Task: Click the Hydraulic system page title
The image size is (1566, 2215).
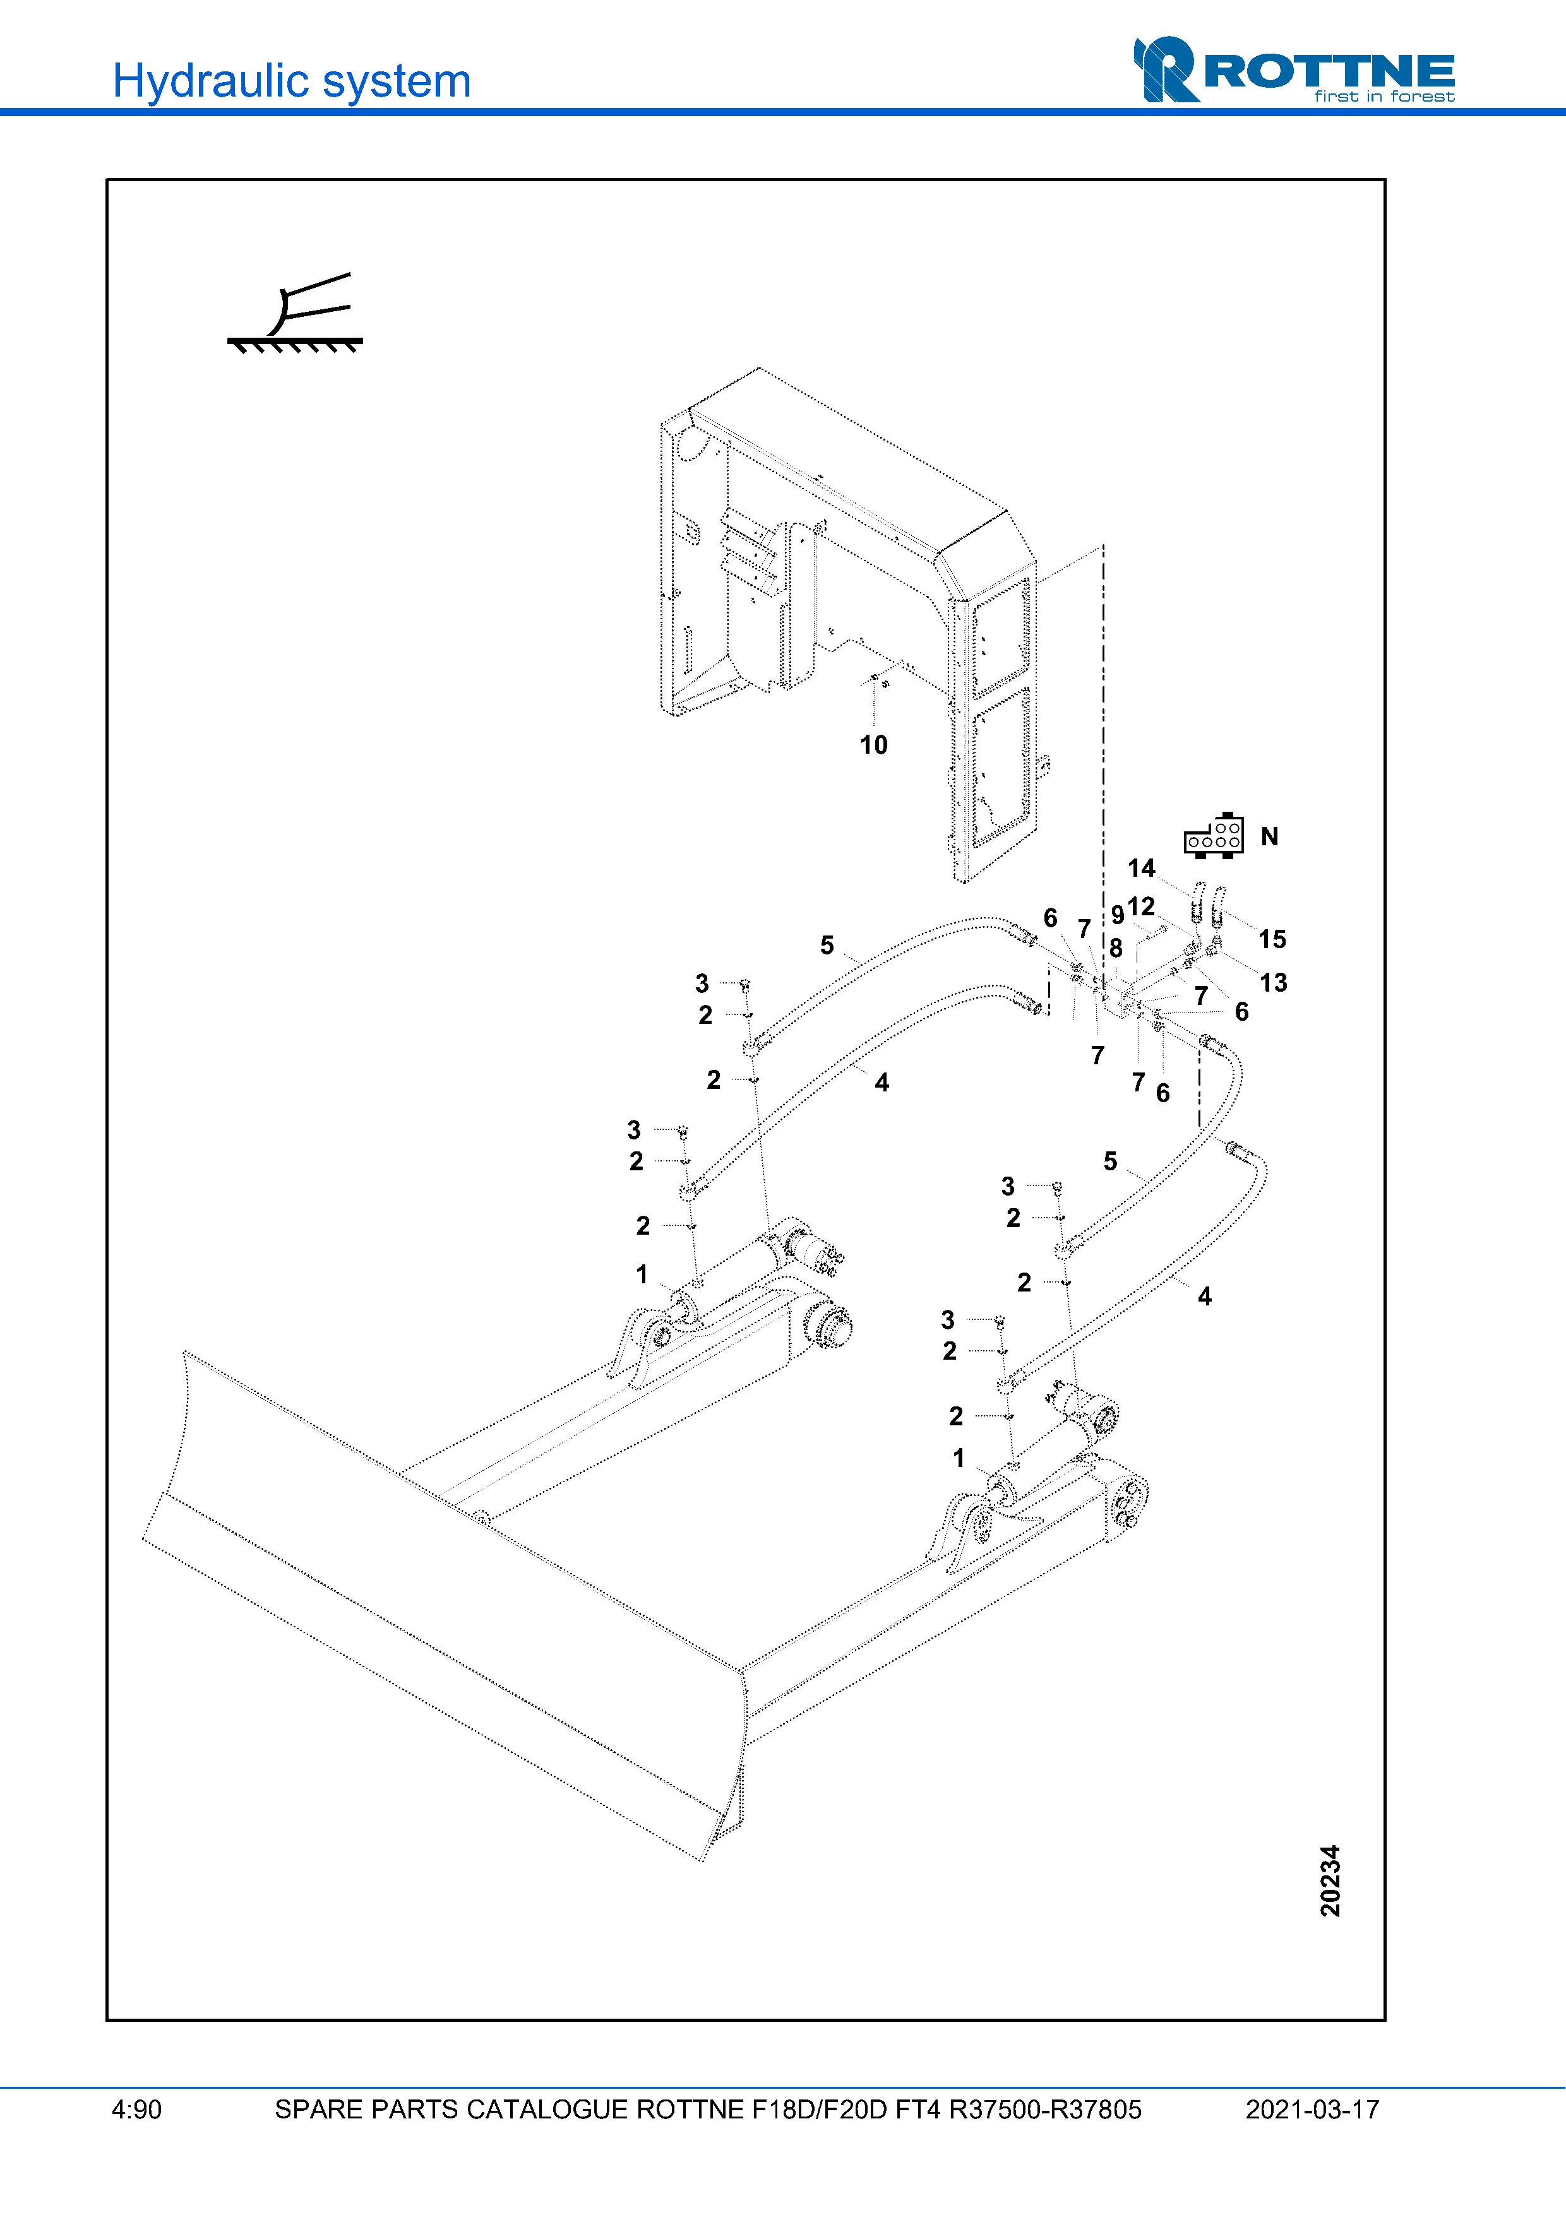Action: (x=291, y=81)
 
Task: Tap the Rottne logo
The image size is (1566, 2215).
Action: (x=1293, y=69)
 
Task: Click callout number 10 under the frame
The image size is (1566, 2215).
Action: (x=873, y=745)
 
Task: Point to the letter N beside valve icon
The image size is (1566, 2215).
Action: (x=1269, y=836)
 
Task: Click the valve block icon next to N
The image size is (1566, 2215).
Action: (x=1214, y=836)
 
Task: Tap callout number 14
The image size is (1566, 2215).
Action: (x=1142, y=868)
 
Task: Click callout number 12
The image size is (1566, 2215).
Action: (x=1142, y=907)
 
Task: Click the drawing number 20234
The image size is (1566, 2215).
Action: (x=1330, y=1880)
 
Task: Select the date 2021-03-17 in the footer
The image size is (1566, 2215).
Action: (x=1312, y=2110)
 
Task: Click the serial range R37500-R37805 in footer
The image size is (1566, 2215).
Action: (x=1045, y=2110)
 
